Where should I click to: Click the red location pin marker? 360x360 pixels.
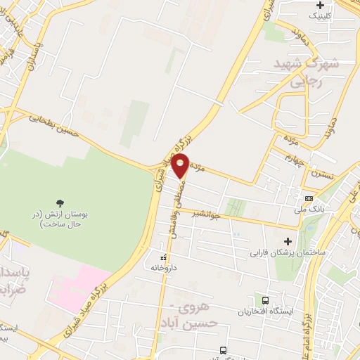point(180,166)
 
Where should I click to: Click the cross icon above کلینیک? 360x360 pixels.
point(320,5)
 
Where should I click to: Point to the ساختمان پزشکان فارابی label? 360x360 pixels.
point(287,251)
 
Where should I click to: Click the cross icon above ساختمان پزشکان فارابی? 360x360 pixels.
point(287,241)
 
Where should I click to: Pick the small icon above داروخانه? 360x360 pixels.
point(164,257)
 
